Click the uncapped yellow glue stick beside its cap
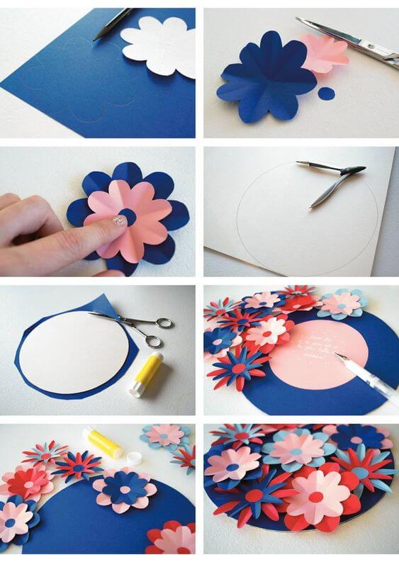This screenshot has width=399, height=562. point(103,443)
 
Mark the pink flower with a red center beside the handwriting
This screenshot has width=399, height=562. point(267,332)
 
